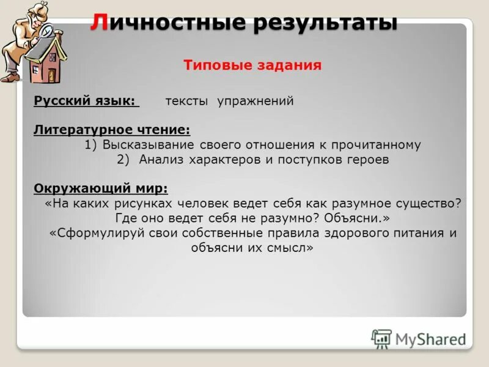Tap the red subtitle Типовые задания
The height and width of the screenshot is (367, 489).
[x=252, y=65]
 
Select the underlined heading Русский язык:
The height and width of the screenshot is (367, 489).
[x=86, y=101]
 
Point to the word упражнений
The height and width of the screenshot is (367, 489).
[x=256, y=101]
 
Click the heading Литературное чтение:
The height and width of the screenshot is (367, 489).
[x=112, y=130]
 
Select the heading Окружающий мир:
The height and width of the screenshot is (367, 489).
[x=101, y=188]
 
